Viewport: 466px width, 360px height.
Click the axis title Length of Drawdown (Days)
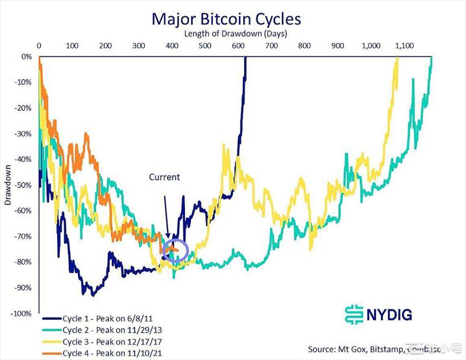[234, 32]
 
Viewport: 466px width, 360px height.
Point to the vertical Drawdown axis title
[8, 186]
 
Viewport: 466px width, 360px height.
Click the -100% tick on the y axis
[21, 313]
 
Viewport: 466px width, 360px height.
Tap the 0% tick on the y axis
[27, 56]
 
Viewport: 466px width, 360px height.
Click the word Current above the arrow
[164, 176]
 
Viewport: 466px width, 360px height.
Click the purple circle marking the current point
[175, 250]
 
